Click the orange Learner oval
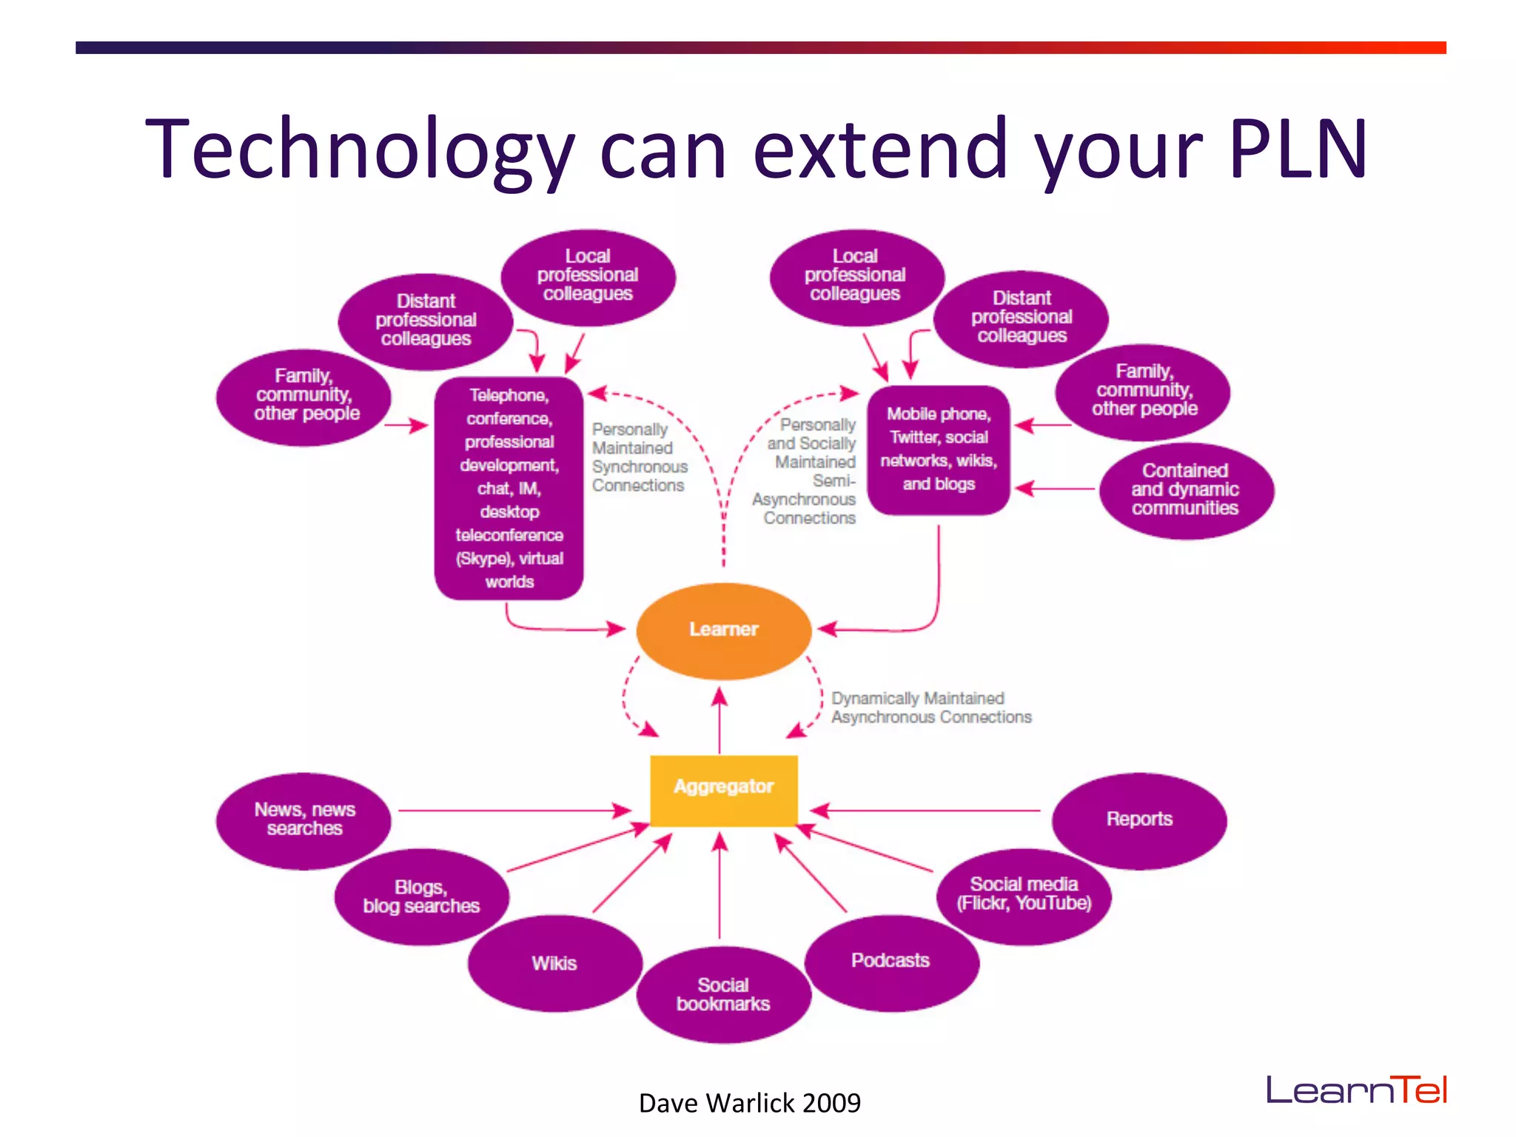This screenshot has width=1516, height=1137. (723, 631)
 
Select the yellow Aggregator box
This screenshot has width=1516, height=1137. (723, 789)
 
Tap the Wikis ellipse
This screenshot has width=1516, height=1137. (554, 963)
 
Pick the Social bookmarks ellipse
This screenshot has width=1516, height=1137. (723, 994)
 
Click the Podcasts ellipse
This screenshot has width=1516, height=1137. (891, 962)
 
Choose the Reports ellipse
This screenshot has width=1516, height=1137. (1138, 819)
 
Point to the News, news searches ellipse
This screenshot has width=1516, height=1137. (303, 819)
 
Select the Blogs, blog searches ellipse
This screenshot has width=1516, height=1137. (421, 896)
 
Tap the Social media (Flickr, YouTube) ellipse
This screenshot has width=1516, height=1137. (1024, 894)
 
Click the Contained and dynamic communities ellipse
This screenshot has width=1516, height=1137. (1185, 490)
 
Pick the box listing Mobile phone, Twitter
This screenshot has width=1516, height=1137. (939, 449)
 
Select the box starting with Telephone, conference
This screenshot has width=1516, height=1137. (509, 489)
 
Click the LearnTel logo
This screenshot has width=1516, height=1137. (1356, 1090)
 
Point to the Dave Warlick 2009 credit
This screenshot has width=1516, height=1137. (749, 1103)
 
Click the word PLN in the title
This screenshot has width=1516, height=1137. (1297, 150)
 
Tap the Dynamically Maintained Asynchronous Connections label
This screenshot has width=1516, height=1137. (930, 708)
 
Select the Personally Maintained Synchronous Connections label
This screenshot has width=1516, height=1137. (639, 457)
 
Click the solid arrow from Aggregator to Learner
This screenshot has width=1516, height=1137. (720, 722)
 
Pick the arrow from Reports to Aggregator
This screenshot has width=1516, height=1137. (925, 811)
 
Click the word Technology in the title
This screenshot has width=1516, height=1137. (360, 150)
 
